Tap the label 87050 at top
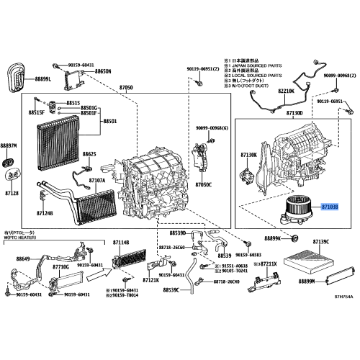point(126,87)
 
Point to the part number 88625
point(89,154)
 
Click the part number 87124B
point(44,213)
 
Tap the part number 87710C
point(59,266)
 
